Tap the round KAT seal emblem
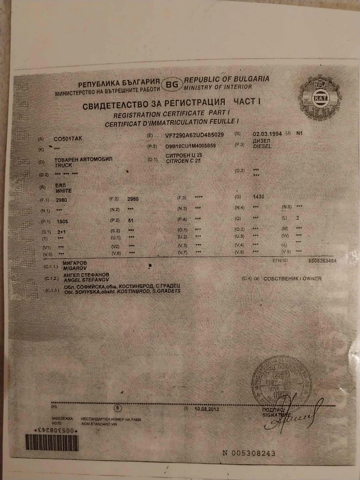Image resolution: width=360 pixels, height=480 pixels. (x=320, y=98)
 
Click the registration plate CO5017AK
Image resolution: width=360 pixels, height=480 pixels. (x=68, y=139)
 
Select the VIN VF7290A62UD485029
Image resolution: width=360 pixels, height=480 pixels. (x=194, y=135)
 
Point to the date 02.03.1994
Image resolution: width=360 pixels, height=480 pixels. (x=267, y=134)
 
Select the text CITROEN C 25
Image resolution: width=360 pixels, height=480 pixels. (x=184, y=161)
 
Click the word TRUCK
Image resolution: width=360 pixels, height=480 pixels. (x=63, y=165)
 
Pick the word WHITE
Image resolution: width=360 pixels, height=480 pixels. (x=63, y=191)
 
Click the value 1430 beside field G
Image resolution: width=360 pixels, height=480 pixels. (x=259, y=197)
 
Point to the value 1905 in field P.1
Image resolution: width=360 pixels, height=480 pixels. (x=63, y=222)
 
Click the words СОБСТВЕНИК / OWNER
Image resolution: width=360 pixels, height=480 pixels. (x=292, y=279)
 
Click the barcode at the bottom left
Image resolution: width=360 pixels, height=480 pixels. (x=52, y=443)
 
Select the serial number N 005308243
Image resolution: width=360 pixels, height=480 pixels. (x=249, y=453)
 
